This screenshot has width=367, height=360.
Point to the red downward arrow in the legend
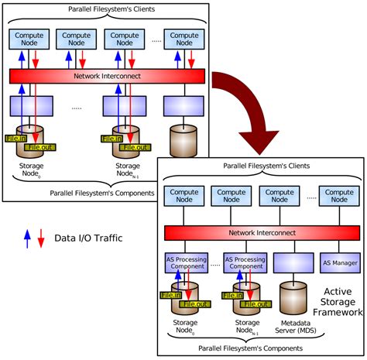40,238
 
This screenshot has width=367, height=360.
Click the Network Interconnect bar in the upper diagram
107,76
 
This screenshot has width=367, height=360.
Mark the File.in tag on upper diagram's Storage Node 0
16,138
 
